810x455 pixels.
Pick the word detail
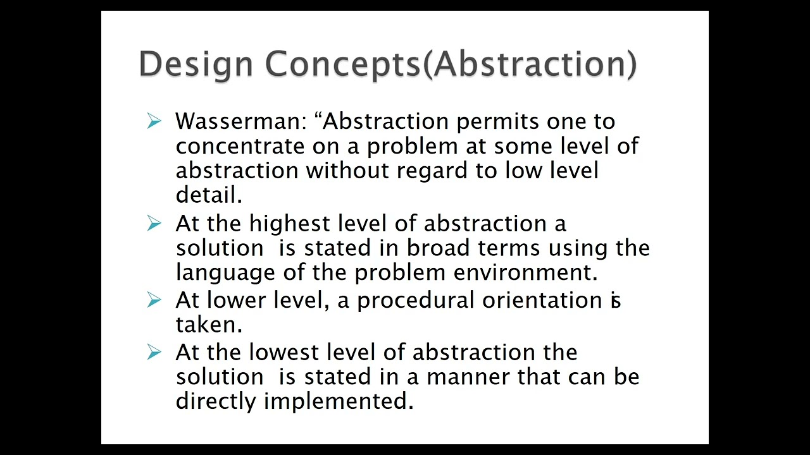[x=209, y=195]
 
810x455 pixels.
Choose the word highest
[x=290, y=224]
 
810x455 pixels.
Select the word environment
[x=525, y=273]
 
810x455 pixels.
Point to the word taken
[x=209, y=325]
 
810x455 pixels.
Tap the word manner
[x=468, y=377]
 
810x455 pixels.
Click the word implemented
[x=339, y=401]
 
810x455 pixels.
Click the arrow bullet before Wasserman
[x=154, y=121]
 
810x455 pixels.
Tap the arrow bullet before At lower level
[x=154, y=300]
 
